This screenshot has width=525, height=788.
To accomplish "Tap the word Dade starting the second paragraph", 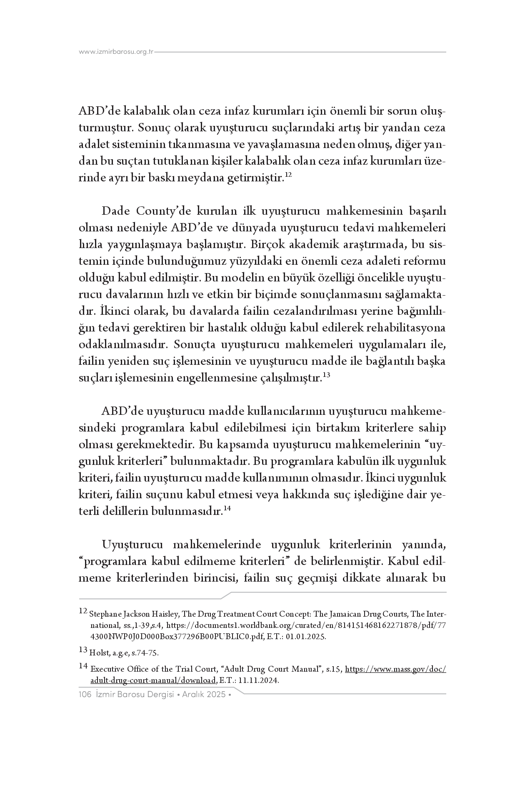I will click(x=115, y=211).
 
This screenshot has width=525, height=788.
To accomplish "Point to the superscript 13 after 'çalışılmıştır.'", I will click(x=326, y=375).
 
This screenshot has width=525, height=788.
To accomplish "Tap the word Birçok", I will click(x=267, y=245).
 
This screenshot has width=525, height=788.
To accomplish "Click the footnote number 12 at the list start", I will click(x=83, y=612).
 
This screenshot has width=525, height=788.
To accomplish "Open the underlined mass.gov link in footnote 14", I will click(x=395, y=669).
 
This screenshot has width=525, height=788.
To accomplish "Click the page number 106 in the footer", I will click(x=85, y=695).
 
